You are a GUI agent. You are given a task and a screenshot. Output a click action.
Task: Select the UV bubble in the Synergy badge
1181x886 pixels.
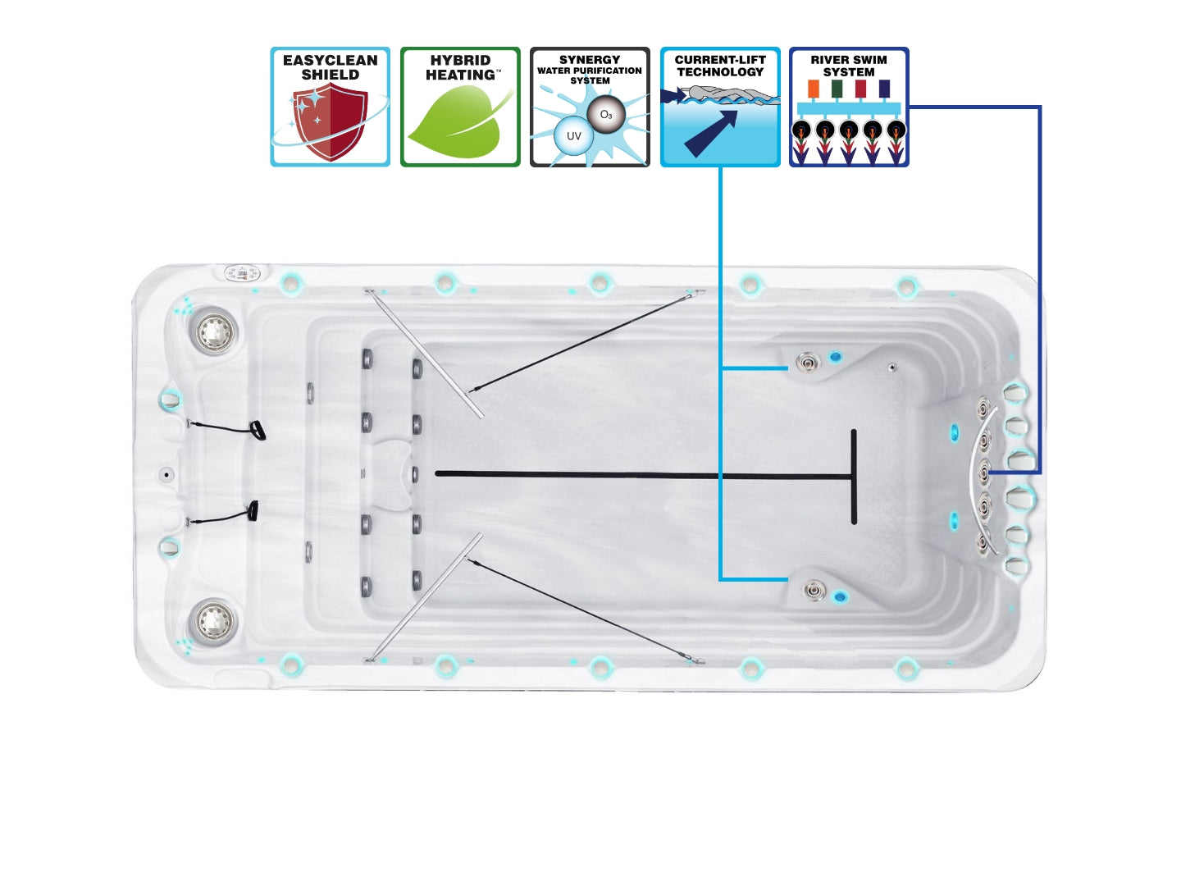click(573, 136)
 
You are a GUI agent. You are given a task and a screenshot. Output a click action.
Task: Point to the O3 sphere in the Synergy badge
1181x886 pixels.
click(606, 114)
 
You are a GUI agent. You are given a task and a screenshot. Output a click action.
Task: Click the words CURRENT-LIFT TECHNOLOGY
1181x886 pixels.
click(719, 66)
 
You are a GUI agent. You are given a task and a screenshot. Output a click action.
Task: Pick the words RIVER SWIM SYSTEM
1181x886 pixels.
click(849, 66)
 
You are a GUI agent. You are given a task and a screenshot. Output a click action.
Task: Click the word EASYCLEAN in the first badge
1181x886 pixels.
click(330, 60)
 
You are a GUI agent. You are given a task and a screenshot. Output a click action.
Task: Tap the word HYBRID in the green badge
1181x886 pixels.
click(460, 60)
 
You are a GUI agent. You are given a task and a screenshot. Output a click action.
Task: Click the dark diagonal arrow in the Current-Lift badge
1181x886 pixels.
click(710, 132)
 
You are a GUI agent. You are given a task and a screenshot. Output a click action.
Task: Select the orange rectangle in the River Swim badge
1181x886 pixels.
click(813, 88)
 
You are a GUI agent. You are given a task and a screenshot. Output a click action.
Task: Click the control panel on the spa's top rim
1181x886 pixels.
click(242, 272)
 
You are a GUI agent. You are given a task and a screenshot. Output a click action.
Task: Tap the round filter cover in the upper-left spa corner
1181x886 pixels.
click(214, 331)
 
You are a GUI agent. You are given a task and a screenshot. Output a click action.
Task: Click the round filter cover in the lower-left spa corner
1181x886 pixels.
click(213, 620)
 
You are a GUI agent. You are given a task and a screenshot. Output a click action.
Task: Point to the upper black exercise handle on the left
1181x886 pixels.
click(258, 430)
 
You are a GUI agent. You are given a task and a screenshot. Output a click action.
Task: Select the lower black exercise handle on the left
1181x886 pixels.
click(253, 511)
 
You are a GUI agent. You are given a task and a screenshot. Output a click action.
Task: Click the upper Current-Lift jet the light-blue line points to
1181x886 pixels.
click(808, 362)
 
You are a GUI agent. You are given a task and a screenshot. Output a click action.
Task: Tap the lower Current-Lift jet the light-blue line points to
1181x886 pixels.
click(814, 589)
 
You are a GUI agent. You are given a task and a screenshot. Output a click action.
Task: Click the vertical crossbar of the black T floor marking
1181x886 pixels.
click(854, 476)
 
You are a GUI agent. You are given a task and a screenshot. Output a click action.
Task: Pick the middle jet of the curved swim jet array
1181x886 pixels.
click(983, 472)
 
